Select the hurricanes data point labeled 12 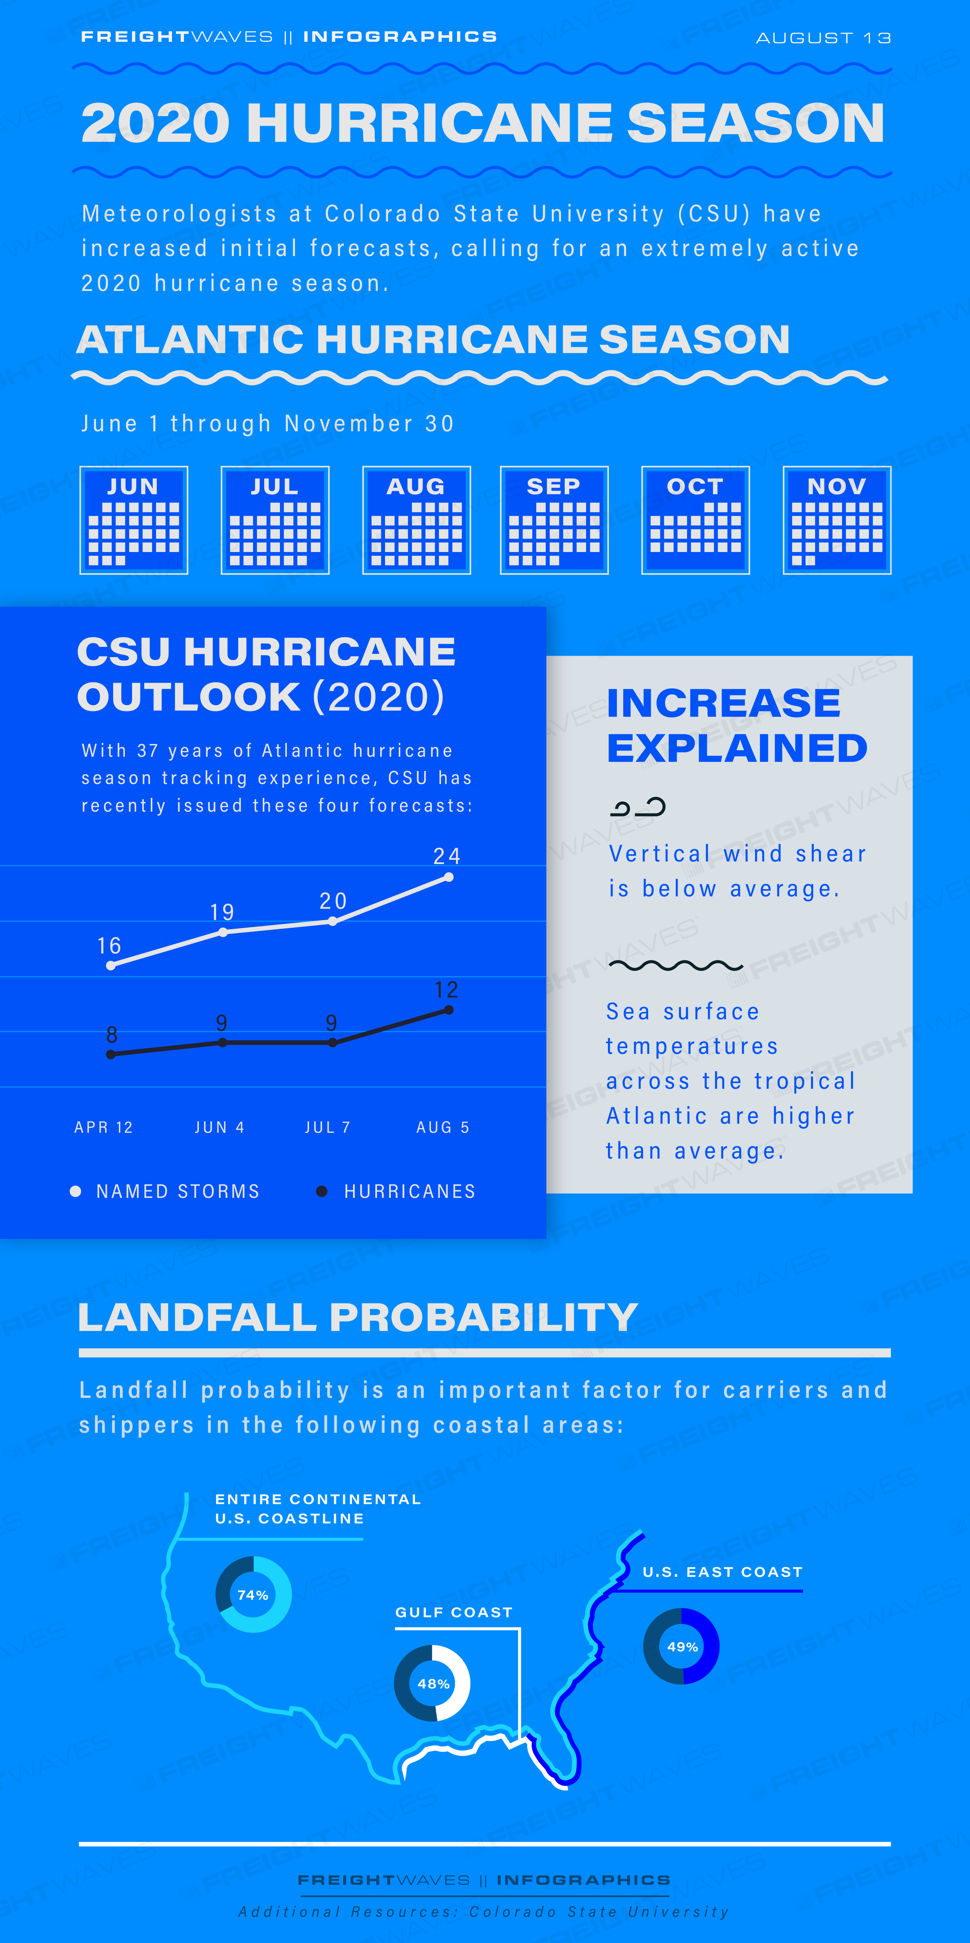click(449, 1010)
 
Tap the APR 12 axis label click(103, 1127)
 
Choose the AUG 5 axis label click(443, 1127)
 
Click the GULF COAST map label click(454, 1612)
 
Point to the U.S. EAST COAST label click(723, 1572)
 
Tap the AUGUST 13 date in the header click(824, 38)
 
